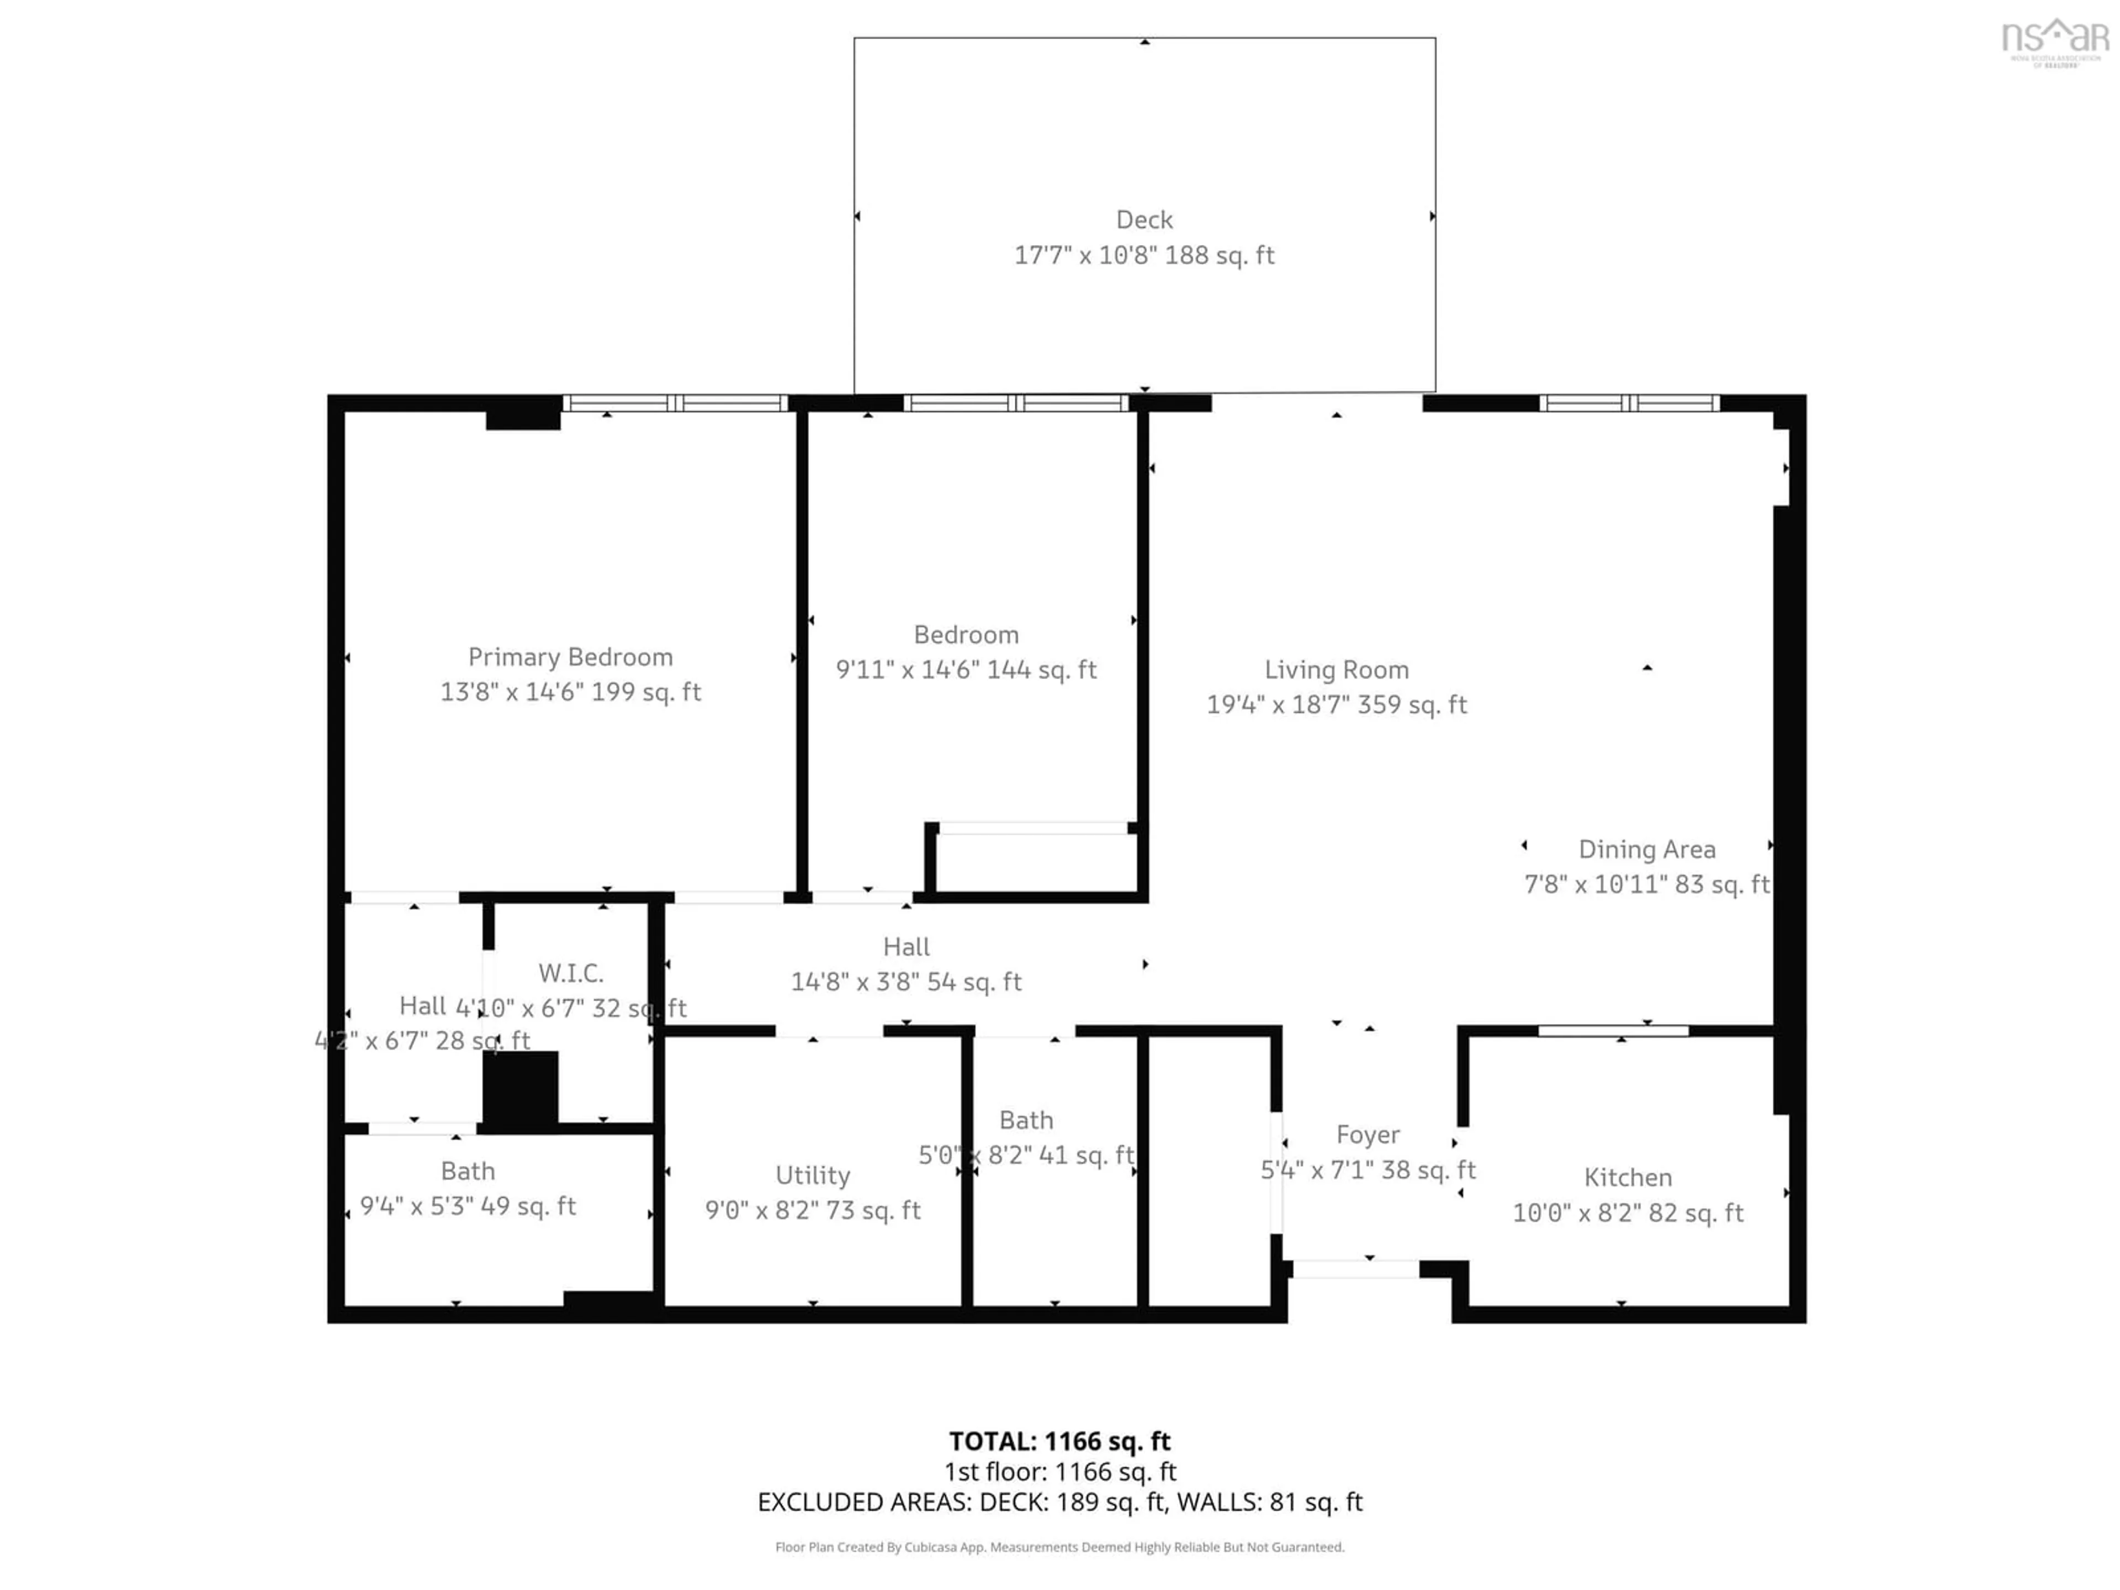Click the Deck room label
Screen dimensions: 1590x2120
(x=1144, y=220)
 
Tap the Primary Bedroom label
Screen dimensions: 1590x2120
(x=570, y=656)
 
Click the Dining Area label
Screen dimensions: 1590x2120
(x=1646, y=849)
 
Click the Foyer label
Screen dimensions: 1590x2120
(x=1368, y=1135)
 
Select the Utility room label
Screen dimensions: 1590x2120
(x=813, y=1175)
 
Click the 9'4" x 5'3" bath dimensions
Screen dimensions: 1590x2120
(x=468, y=1206)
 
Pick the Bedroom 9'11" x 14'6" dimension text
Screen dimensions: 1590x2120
(x=966, y=669)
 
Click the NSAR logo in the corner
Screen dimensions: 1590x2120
(x=2055, y=40)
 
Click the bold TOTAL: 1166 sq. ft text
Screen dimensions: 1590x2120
(x=1059, y=1441)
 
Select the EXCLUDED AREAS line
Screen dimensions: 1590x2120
(x=1059, y=1502)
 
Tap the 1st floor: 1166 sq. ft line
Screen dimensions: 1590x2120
(x=1059, y=1471)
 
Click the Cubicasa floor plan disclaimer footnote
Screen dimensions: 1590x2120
(x=1059, y=1547)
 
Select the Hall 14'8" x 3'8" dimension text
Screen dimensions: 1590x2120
(x=906, y=982)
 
